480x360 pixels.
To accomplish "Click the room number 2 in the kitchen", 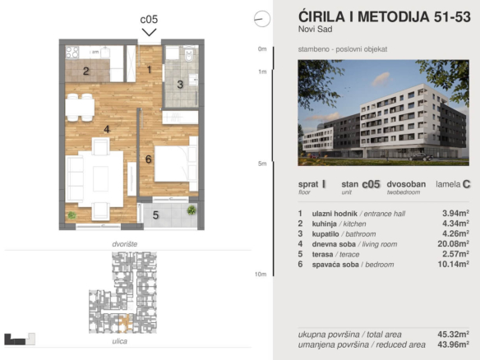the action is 86,72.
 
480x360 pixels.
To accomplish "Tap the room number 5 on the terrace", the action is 155,215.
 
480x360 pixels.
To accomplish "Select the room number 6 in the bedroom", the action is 149,159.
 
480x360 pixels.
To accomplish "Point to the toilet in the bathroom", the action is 189,54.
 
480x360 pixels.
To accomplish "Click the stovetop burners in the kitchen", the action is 72,52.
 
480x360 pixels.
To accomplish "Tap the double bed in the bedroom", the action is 176,164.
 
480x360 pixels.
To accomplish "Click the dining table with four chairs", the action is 80,108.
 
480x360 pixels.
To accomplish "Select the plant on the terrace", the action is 192,210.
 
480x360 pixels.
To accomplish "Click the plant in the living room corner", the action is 72,215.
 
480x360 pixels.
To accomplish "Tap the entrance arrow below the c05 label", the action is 149,32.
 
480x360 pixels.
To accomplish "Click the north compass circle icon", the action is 262,19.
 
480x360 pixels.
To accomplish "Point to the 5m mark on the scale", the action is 262,164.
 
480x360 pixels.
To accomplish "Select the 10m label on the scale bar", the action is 261,275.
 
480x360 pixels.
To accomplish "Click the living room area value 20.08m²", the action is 454,244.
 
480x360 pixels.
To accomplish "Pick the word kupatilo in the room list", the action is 325,234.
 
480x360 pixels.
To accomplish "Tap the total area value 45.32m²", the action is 454,334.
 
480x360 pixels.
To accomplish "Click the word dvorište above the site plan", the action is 125,244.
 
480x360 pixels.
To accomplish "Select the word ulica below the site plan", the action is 120,341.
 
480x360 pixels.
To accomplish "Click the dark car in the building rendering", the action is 421,157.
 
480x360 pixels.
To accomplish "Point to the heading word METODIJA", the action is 394,16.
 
